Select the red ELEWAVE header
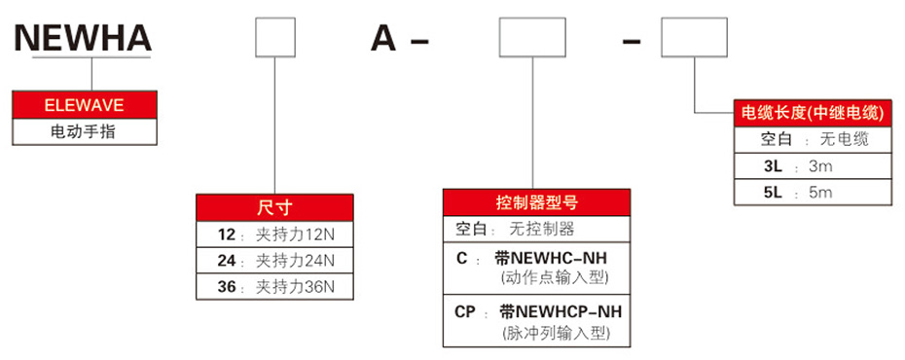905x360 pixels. [x=84, y=104]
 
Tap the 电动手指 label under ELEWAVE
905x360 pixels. [x=84, y=130]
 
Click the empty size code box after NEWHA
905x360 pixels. [x=274, y=40]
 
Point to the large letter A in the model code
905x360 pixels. [x=384, y=40]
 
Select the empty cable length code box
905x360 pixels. [x=693, y=40]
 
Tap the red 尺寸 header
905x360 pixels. [x=273, y=207]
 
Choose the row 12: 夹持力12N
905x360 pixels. [x=273, y=234]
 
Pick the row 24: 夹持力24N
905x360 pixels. [x=273, y=261]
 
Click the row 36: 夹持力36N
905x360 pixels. [x=273, y=287]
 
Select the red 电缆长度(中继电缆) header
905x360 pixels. [x=811, y=113]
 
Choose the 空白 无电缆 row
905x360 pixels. [x=811, y=139]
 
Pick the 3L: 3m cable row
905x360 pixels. [x=811, y=166]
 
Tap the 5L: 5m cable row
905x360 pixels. [x=811, y=193]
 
